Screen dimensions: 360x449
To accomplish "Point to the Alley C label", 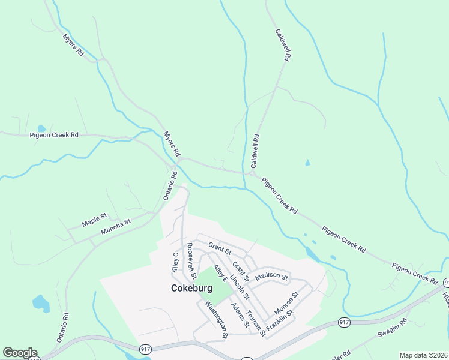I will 176,262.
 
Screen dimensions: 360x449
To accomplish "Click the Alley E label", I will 221,273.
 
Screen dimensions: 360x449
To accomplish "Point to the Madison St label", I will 271,277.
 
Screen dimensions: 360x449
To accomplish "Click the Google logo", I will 20,353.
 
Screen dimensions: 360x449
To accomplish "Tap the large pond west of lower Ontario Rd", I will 41,303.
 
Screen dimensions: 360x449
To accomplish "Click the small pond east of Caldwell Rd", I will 307,163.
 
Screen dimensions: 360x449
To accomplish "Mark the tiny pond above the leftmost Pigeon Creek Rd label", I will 41,128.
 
